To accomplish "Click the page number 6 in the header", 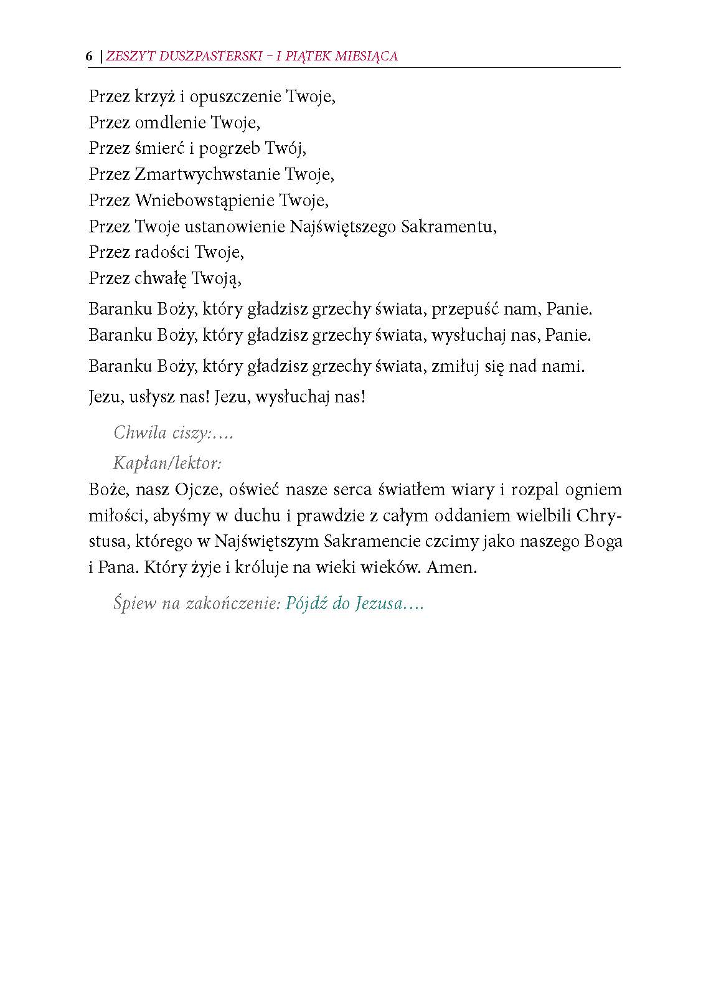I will (89, 56).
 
